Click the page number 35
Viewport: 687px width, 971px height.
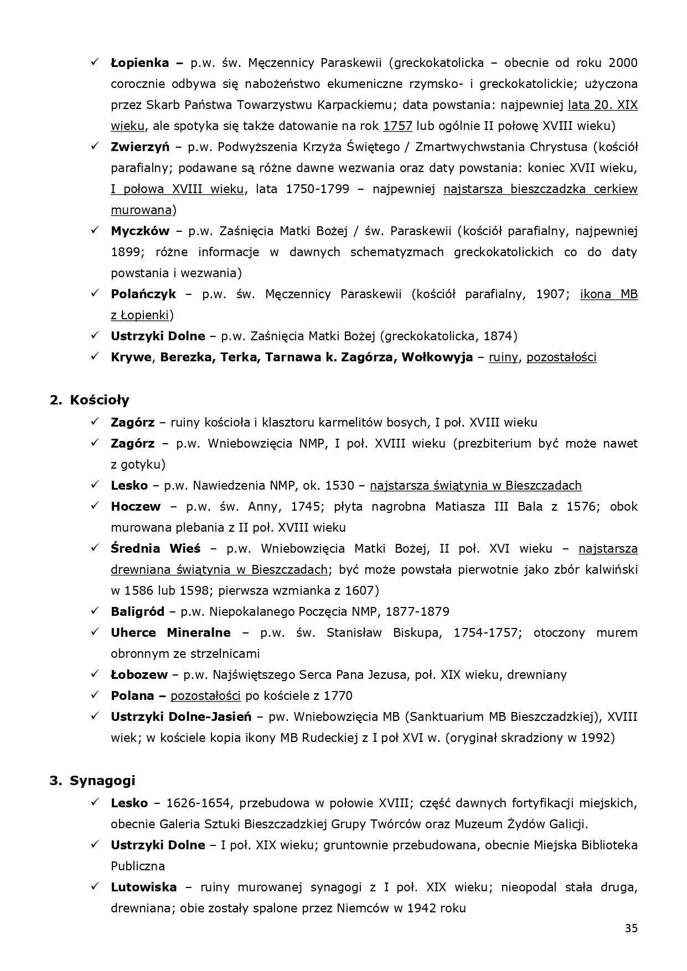(631, 928)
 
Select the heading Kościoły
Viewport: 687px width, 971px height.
(100, 400)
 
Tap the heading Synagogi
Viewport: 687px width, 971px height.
(102, 781)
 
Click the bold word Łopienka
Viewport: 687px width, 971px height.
(140, 63)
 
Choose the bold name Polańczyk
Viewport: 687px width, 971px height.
(143, 294)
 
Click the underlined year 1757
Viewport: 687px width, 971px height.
(397, 126)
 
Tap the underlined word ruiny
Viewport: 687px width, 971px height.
(503, 357)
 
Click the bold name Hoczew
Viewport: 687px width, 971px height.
(136, 506)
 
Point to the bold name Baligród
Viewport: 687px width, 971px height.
(137, 611)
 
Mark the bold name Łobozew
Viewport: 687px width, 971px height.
(139, 674)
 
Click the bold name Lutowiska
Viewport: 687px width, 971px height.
(143, 887)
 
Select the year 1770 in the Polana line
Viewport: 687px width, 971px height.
(338, 695)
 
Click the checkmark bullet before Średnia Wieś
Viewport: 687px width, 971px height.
(95, 548)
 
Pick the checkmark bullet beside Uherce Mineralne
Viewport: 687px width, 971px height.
(95, 632)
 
